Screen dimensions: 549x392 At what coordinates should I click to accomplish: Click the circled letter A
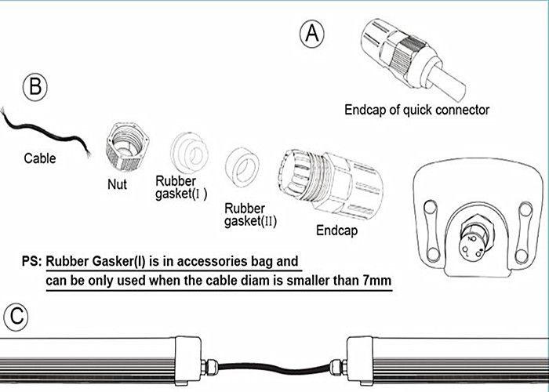[x=311, y=34]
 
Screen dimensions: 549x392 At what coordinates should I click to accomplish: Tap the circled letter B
[x=35, y=87]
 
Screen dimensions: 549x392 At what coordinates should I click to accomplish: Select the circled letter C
[x=16, y=317]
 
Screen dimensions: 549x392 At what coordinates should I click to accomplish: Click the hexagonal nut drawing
[x=127, y=147]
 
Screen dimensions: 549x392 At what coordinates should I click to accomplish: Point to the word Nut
[x=117, y=184]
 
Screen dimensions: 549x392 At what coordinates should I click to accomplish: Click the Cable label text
[x=40, y=158]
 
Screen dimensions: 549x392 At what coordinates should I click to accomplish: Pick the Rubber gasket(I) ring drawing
[x=190, y=153]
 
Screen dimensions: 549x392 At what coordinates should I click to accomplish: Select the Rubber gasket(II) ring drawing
[x=242, y=167]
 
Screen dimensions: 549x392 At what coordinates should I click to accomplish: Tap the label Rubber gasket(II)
[x=250, y=215]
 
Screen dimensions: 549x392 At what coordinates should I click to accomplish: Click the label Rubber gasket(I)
[x=181, y=187]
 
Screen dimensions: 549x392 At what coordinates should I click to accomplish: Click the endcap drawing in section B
[x=331, y=183]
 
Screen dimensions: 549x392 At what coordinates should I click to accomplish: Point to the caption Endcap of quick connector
[x=416, y=110]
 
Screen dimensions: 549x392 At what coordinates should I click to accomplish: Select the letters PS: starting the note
[x=32, y=261]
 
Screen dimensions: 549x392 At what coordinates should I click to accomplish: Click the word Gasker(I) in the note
[x=119, y=262]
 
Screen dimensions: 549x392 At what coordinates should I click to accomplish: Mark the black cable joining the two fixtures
[x=274, y=368]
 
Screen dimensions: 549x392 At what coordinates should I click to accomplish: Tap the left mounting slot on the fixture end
[x=431, y=231]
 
